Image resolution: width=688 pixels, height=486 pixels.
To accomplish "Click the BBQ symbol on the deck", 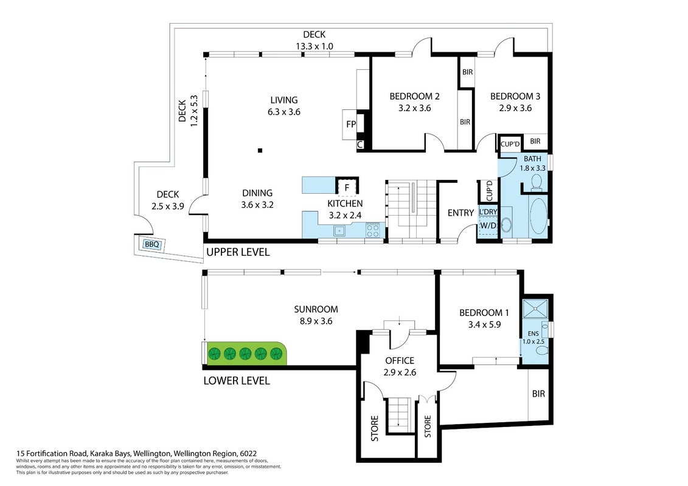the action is tap(152, 244).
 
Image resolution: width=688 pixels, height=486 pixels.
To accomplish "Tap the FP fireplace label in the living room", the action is tap(351, 125).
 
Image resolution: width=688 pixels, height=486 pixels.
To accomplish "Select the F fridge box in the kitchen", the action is tap(347, 188).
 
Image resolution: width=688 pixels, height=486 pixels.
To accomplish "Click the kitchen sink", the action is tap(339, 230).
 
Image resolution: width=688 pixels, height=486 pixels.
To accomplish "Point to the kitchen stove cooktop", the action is tap(372, 230).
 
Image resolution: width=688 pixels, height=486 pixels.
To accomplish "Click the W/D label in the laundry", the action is tap(488, 226).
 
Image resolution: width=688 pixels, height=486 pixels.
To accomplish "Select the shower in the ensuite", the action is tap(535, 309).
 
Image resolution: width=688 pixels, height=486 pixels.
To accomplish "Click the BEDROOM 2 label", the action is tap(415, 97).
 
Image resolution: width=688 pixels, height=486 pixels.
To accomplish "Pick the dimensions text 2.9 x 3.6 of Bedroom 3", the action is tap(515, 108).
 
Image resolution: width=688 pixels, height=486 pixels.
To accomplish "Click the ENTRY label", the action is tap(460, 213).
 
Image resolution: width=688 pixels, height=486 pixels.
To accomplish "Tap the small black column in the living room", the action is tap(260, 151).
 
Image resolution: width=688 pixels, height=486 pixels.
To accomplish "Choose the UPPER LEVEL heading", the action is tap(238, 252).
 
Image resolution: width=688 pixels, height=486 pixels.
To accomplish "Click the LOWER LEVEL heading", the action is tap(237, 381).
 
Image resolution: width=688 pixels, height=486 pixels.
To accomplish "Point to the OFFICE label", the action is tap(400, 361).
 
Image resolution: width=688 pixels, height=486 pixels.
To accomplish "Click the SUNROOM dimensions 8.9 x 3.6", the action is tap(316, 321).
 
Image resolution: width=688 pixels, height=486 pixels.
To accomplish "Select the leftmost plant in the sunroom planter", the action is tap(215, 353).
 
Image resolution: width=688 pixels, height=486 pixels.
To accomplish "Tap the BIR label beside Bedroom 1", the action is tap(538, 394).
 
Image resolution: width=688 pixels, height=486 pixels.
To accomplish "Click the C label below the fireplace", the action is tap(360, 145).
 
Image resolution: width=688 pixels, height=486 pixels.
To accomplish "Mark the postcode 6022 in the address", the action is tap(248, 454).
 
